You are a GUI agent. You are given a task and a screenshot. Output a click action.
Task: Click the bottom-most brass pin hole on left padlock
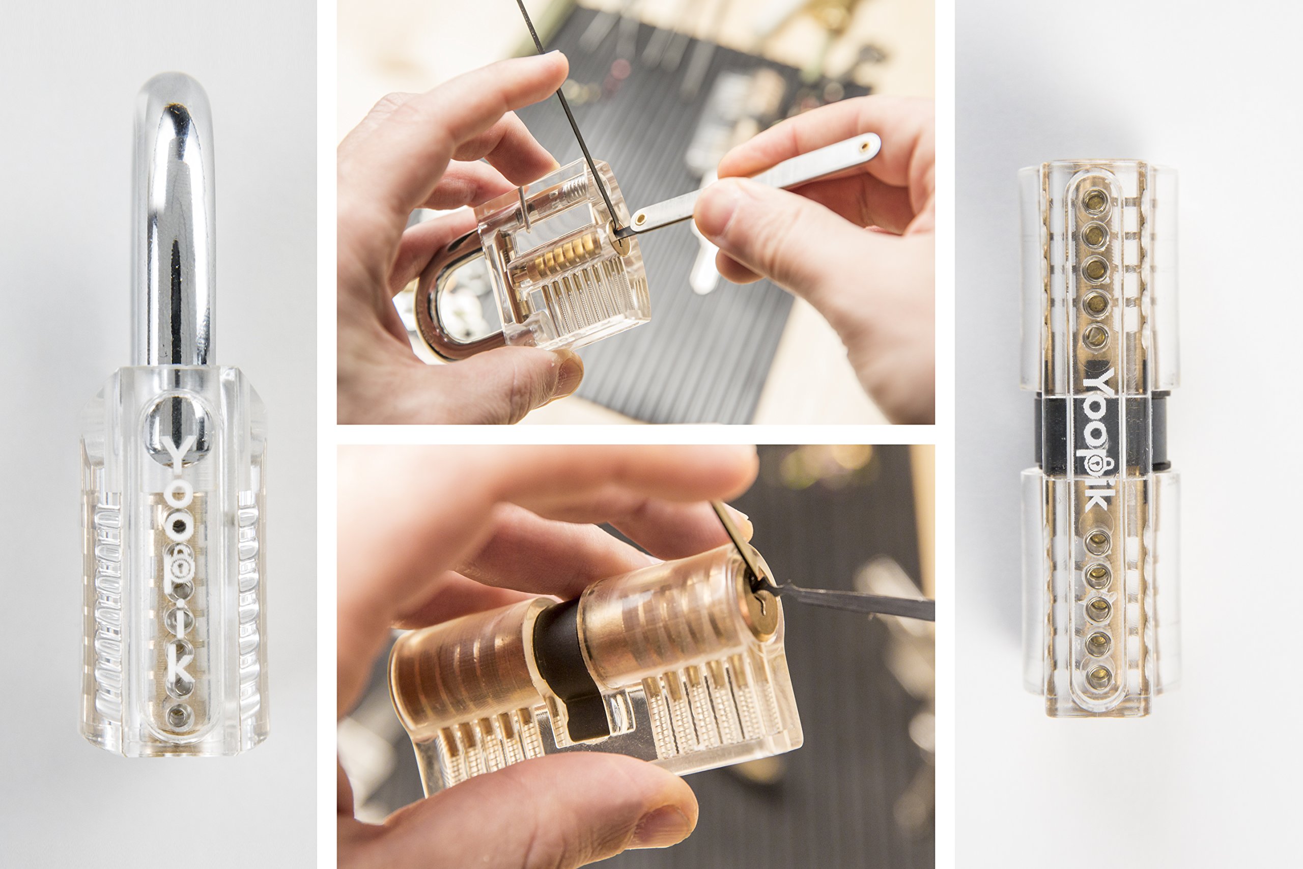coord(178,715)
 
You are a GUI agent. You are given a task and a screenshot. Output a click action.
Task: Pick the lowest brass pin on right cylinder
coord(1097,676)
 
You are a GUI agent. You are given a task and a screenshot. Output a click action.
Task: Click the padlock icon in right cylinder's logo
coord(1095,465)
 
